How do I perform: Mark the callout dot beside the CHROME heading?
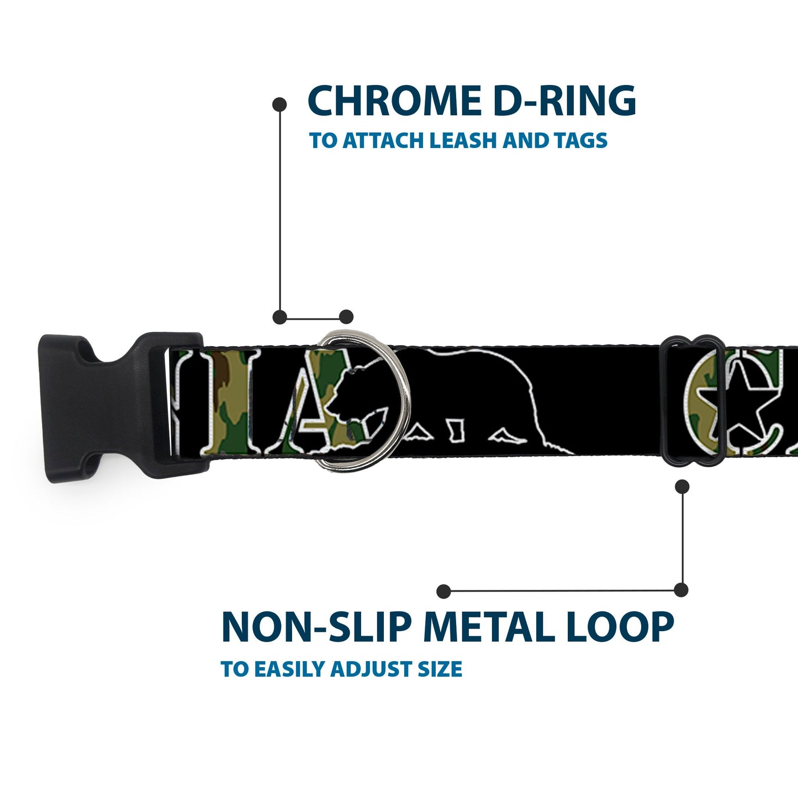click(x=280, y=104)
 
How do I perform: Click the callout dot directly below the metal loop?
click(x=683, y=487)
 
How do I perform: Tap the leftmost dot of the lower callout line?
click(x=442, y=591)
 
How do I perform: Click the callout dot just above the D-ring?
click(x=346, y=317)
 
